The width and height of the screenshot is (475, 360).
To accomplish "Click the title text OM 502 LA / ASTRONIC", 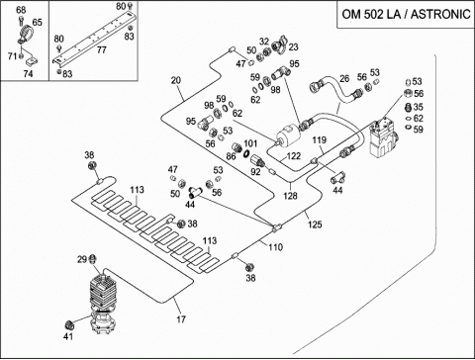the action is pyautogui.click(x=406, y=15).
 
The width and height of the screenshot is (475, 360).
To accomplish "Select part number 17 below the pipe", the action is pyautogui.click(x=181, y=319).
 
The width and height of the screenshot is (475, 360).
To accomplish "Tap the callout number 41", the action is pyautogui.click(x=68, y=336).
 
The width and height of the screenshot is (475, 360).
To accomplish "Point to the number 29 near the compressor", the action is pyautogui.click(x=82, y=259).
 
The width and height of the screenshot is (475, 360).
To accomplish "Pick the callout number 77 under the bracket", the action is pyautogui.click(x=102, y=49).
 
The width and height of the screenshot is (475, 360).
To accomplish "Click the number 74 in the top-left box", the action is pyautogui.click(x=28, y=73).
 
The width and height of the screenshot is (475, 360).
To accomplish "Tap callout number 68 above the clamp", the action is pyautogui.click(x=21, y=10).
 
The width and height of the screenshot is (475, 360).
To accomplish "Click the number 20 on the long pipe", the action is pyautogui.click(x=176, y=80).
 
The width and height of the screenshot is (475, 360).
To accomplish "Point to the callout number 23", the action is pyautogui.click(x=293, y=46).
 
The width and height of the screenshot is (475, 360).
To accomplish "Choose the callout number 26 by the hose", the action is pyautogui.click(x=344, y=78).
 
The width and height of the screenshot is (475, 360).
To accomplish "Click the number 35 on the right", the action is pyautogui.click(x=418, y=107).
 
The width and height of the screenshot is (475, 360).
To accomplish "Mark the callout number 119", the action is pyautogui.click(x=320, y=139).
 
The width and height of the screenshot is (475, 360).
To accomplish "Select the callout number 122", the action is pyautogui.click(x=294, y=156).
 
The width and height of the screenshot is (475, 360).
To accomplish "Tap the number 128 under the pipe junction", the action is pyautogui.click(x=290, y=196).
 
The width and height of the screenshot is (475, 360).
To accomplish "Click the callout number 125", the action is pyautogui.click(x=315, y=225).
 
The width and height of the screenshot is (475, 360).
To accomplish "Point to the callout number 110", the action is pyautogui.click(x=275, y=247).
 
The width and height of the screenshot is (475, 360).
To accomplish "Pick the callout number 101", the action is pyautogui.click(x=250, y=143).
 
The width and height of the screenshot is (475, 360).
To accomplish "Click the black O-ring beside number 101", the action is pyautogui.click(x=246, y=154).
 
